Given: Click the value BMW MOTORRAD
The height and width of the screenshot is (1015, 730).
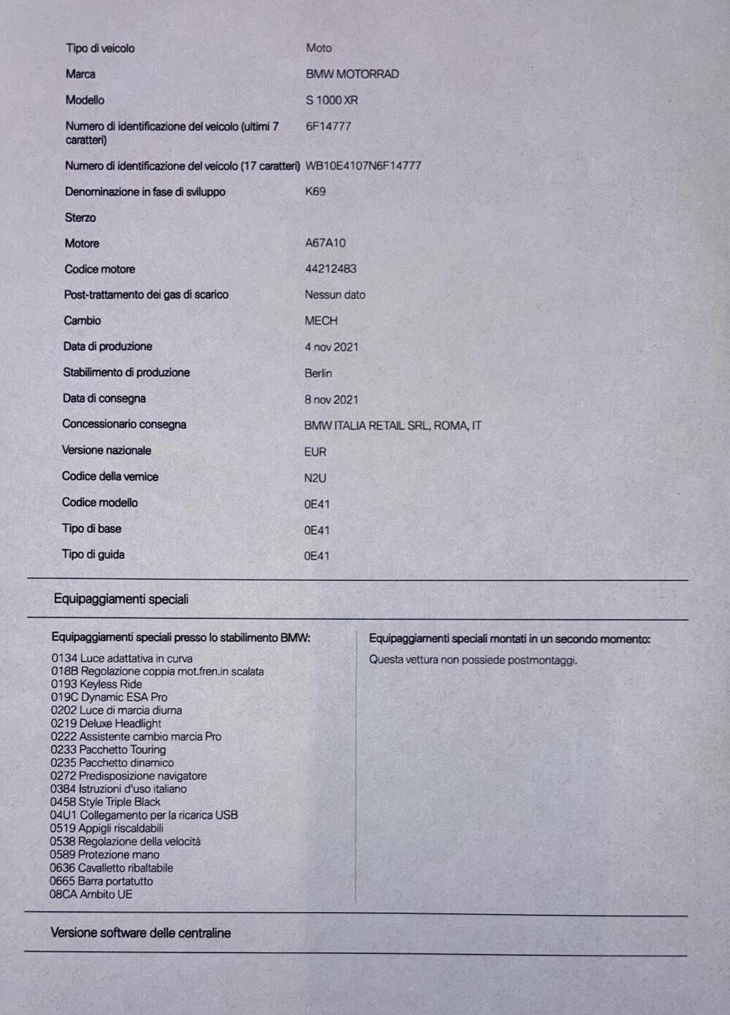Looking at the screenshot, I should pyautogui.click(x=352, y=74).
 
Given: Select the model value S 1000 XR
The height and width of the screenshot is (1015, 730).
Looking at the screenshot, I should pyautogui.click(x=331, y=100).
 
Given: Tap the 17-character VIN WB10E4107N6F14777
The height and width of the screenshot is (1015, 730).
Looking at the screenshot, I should pyautogui.click(x=363, y=166).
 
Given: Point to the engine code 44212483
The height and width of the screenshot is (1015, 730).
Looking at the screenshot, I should pyautogui.click(x=331, y=269).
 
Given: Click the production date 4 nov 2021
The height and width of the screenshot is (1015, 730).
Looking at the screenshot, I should pyautogui.click(x=331, y=347).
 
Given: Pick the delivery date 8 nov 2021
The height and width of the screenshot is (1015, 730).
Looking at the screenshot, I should pyautogui.click(x=331, y=400).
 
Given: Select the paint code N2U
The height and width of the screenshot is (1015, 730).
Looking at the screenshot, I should pyautogui.click(x=315, y=478).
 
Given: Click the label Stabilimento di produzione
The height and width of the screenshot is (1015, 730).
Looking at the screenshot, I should pyautogui.click(x=126, y=373).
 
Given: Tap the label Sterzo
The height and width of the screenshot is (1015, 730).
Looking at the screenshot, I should pyautogui.click(x=80, y=218).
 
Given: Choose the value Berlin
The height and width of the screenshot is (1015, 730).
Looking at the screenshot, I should pyautogui.click(x=318, y=373).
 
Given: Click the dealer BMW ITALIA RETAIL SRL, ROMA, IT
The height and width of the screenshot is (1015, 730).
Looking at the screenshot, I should pyautogui.click(x=393, y=425).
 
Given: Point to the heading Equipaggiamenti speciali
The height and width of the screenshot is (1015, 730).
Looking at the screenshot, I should pyautogui.click(x=121, y=599).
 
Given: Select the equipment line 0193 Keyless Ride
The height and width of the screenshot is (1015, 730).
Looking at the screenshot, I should pyautogui.click(x=96, y=684).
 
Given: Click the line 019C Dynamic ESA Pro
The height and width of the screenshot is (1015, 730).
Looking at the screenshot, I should pyautogui.click(x=109, y=697).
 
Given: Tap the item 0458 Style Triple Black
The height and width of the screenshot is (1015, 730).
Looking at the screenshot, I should pyautogui.click(x=105, y=802).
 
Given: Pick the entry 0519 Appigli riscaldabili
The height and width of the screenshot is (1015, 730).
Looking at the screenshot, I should pyautogui.click(x=107, y=828).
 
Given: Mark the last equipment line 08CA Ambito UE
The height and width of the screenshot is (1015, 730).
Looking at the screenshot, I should pyautogui.click(x=91, y=894).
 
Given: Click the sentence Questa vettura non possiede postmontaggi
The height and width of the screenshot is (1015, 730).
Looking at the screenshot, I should pyautogui.click(x=473, y=660).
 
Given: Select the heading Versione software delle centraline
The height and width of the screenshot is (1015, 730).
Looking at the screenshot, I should pyautogui.click(x=141, y=933).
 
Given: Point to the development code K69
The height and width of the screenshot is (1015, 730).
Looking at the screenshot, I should pyautogui.click(x=315, y=191).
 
